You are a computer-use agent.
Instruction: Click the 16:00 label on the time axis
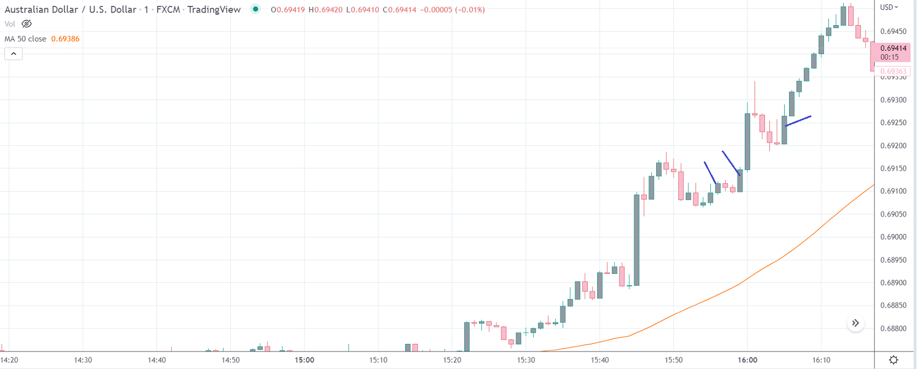(x=747, y=360)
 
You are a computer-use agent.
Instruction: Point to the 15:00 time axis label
(x=304, y=360)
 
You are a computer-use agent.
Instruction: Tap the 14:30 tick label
(x=83, y=360)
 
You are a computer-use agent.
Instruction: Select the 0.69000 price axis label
(x=893, y=237)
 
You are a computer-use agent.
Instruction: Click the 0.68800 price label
(x=893, y=329)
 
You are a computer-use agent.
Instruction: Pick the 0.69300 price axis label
(x=893, y=100)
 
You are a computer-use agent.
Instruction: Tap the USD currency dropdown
(x=889, y=7)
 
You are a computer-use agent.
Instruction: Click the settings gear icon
(x=893, y=360)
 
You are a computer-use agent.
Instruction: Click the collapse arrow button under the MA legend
(x=14, y=54)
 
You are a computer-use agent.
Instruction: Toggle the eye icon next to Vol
(x=26, y=24)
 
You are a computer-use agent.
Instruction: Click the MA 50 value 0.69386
(x=65, y=39)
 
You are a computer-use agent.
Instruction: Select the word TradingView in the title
(x=214, y=9)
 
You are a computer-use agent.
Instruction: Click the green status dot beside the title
(x=255, y=9)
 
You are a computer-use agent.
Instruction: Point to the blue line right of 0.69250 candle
(x=798, y=121)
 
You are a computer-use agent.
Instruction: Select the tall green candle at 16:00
(x=747, y=141)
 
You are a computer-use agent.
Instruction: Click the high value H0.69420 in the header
(x=325, y=10)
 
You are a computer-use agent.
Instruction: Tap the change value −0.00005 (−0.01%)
(x=452, y=10)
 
